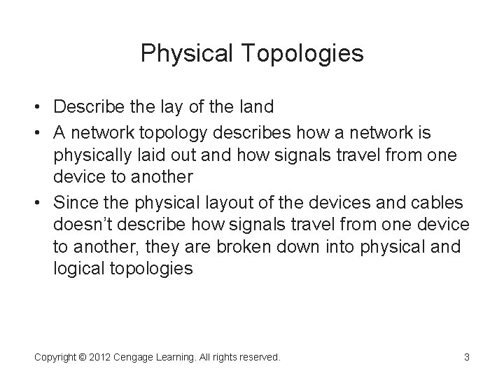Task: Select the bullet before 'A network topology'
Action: pyautogui.click(x=41, y=132)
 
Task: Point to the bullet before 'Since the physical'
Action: pyautogui.click(x=41, y=204)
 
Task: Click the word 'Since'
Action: pyautogui.click(x=73, y=203)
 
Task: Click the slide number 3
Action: pyautogui.click(x=466, y=357)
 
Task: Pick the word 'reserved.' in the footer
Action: pyautogui.click(x=258, y=357)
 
